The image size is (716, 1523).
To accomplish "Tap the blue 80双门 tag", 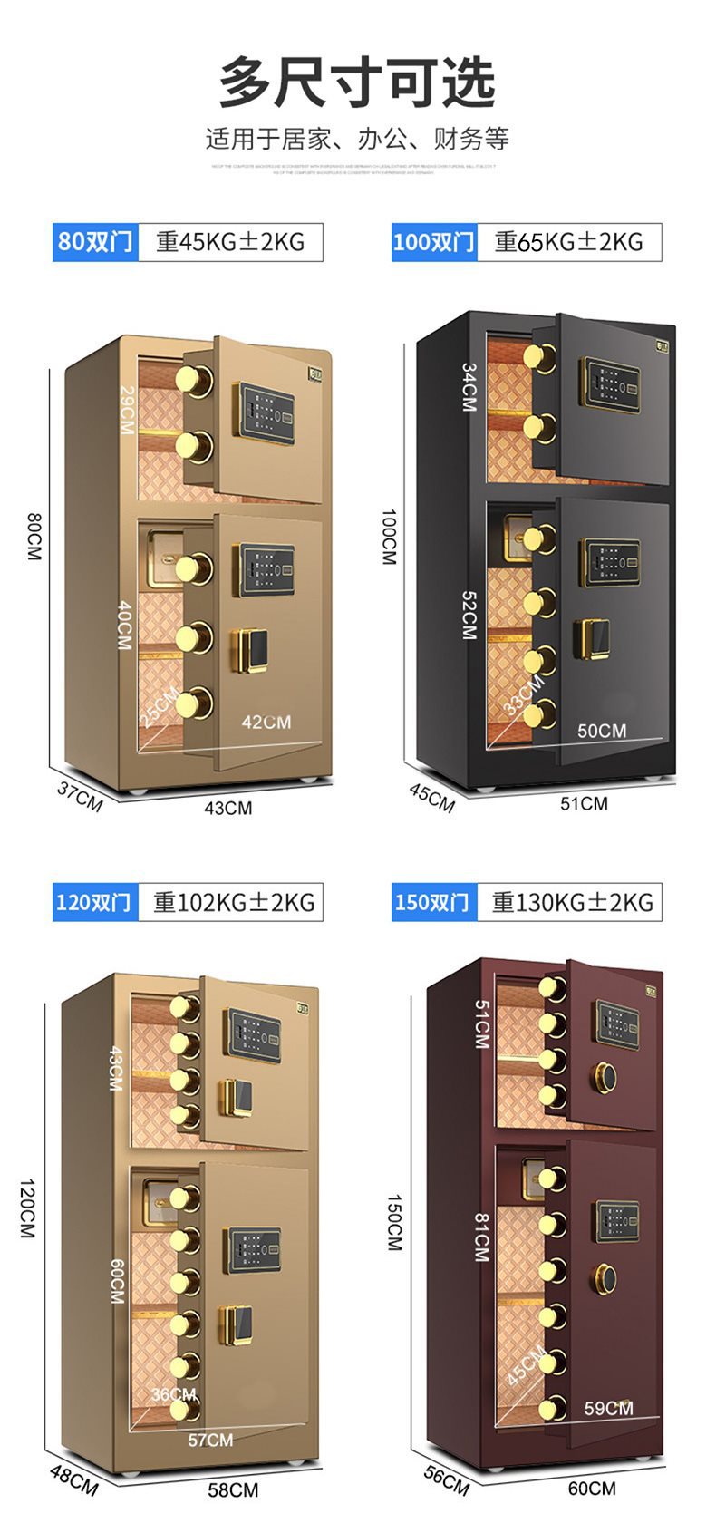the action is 95,242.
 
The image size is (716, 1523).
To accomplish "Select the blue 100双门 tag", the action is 433,242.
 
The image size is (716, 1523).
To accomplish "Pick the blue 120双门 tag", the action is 94,902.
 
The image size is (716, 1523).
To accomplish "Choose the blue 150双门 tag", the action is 433,902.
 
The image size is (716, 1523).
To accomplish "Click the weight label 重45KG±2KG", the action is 230,242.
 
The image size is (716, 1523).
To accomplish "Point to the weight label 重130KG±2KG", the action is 572,902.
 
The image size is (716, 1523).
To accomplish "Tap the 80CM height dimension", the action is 34,536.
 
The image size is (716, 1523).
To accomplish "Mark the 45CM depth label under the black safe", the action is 431,797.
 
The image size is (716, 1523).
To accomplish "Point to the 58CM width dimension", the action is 233,1489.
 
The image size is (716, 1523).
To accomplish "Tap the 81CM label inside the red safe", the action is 480,1237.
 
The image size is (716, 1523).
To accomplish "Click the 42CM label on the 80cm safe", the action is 266,722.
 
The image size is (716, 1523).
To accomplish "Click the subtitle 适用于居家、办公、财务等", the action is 357,139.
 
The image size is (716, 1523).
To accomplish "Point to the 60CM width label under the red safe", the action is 592,1488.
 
